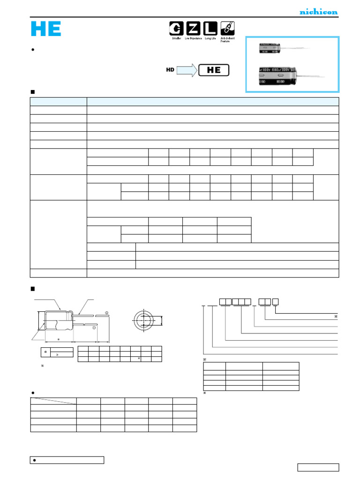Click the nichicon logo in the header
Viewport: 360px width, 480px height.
coord(318,12)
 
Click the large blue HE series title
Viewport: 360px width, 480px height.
coord(46,29)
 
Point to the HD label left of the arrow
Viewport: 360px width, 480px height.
coord(170,70)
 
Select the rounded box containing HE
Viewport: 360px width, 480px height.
coord(214,70)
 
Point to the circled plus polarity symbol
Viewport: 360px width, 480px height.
coord(107,313)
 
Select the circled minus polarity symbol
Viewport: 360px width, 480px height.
coord(94,328)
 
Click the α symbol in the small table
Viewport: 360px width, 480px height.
coord(45,351)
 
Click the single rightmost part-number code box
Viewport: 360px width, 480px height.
coord(276,301)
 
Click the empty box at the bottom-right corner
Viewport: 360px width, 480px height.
coord(318,467)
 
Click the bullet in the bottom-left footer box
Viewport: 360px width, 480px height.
coord(35,460)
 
